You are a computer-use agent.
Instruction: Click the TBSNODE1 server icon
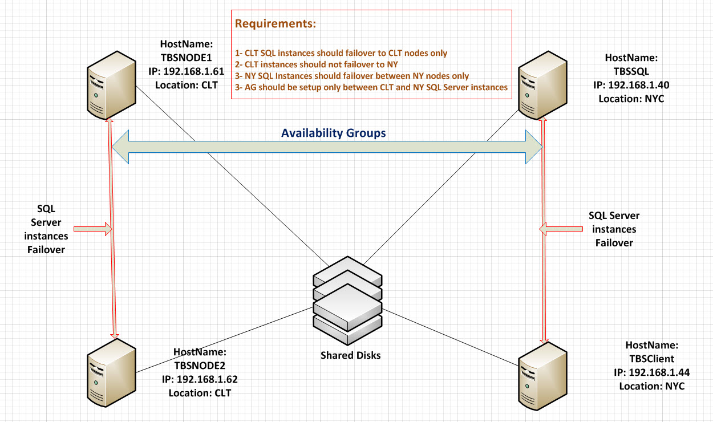(x=111, y=82)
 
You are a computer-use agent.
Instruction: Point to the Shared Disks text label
(x=350, y=355)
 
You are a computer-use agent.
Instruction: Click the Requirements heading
(x=276, y=24)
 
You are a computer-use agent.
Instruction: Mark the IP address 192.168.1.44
(x=651, y=373)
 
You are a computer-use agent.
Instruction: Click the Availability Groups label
(x=334, y=133)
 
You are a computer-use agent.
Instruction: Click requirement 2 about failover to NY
(x=317, y=64)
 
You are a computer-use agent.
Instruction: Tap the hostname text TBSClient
(x=651, y=359)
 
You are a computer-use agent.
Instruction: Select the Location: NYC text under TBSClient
(x=651, y=386)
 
